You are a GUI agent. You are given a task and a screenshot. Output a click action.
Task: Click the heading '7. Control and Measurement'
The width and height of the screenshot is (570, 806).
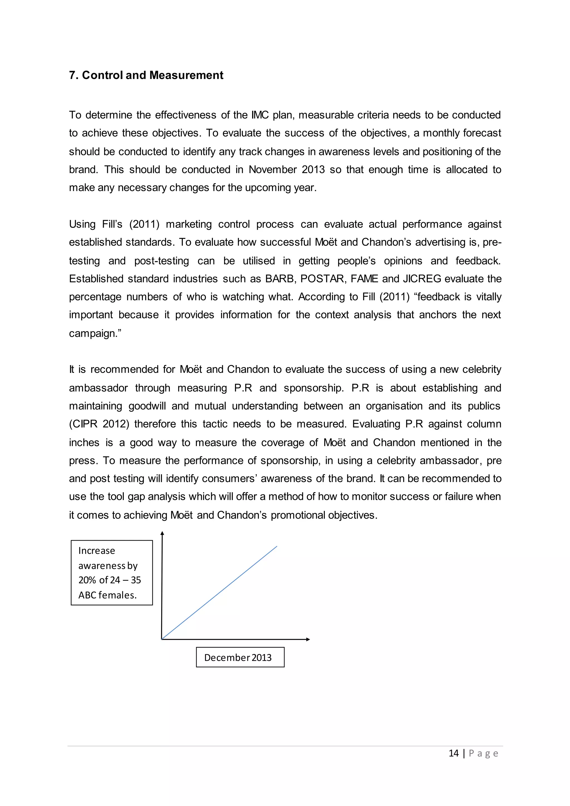[x=146, y=75]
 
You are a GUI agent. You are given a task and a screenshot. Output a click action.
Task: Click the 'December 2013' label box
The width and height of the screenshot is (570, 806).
[x=240, y=657]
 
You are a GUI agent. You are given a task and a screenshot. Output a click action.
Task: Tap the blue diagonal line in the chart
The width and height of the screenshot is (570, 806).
[x=219, y=593]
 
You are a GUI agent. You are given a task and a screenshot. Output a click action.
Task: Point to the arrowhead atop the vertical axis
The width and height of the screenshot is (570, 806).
[x=162, y=533]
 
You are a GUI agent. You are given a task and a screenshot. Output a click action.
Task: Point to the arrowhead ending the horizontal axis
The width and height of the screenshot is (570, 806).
[x=308, y=639]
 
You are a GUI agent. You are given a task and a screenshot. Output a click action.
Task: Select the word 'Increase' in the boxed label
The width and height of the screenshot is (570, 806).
[x=97, y=551]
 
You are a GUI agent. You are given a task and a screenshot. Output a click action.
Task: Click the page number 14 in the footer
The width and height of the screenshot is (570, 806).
[x=453, y=753]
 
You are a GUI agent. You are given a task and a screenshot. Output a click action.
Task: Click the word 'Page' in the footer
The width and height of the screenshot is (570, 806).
[x=483, y=753]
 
